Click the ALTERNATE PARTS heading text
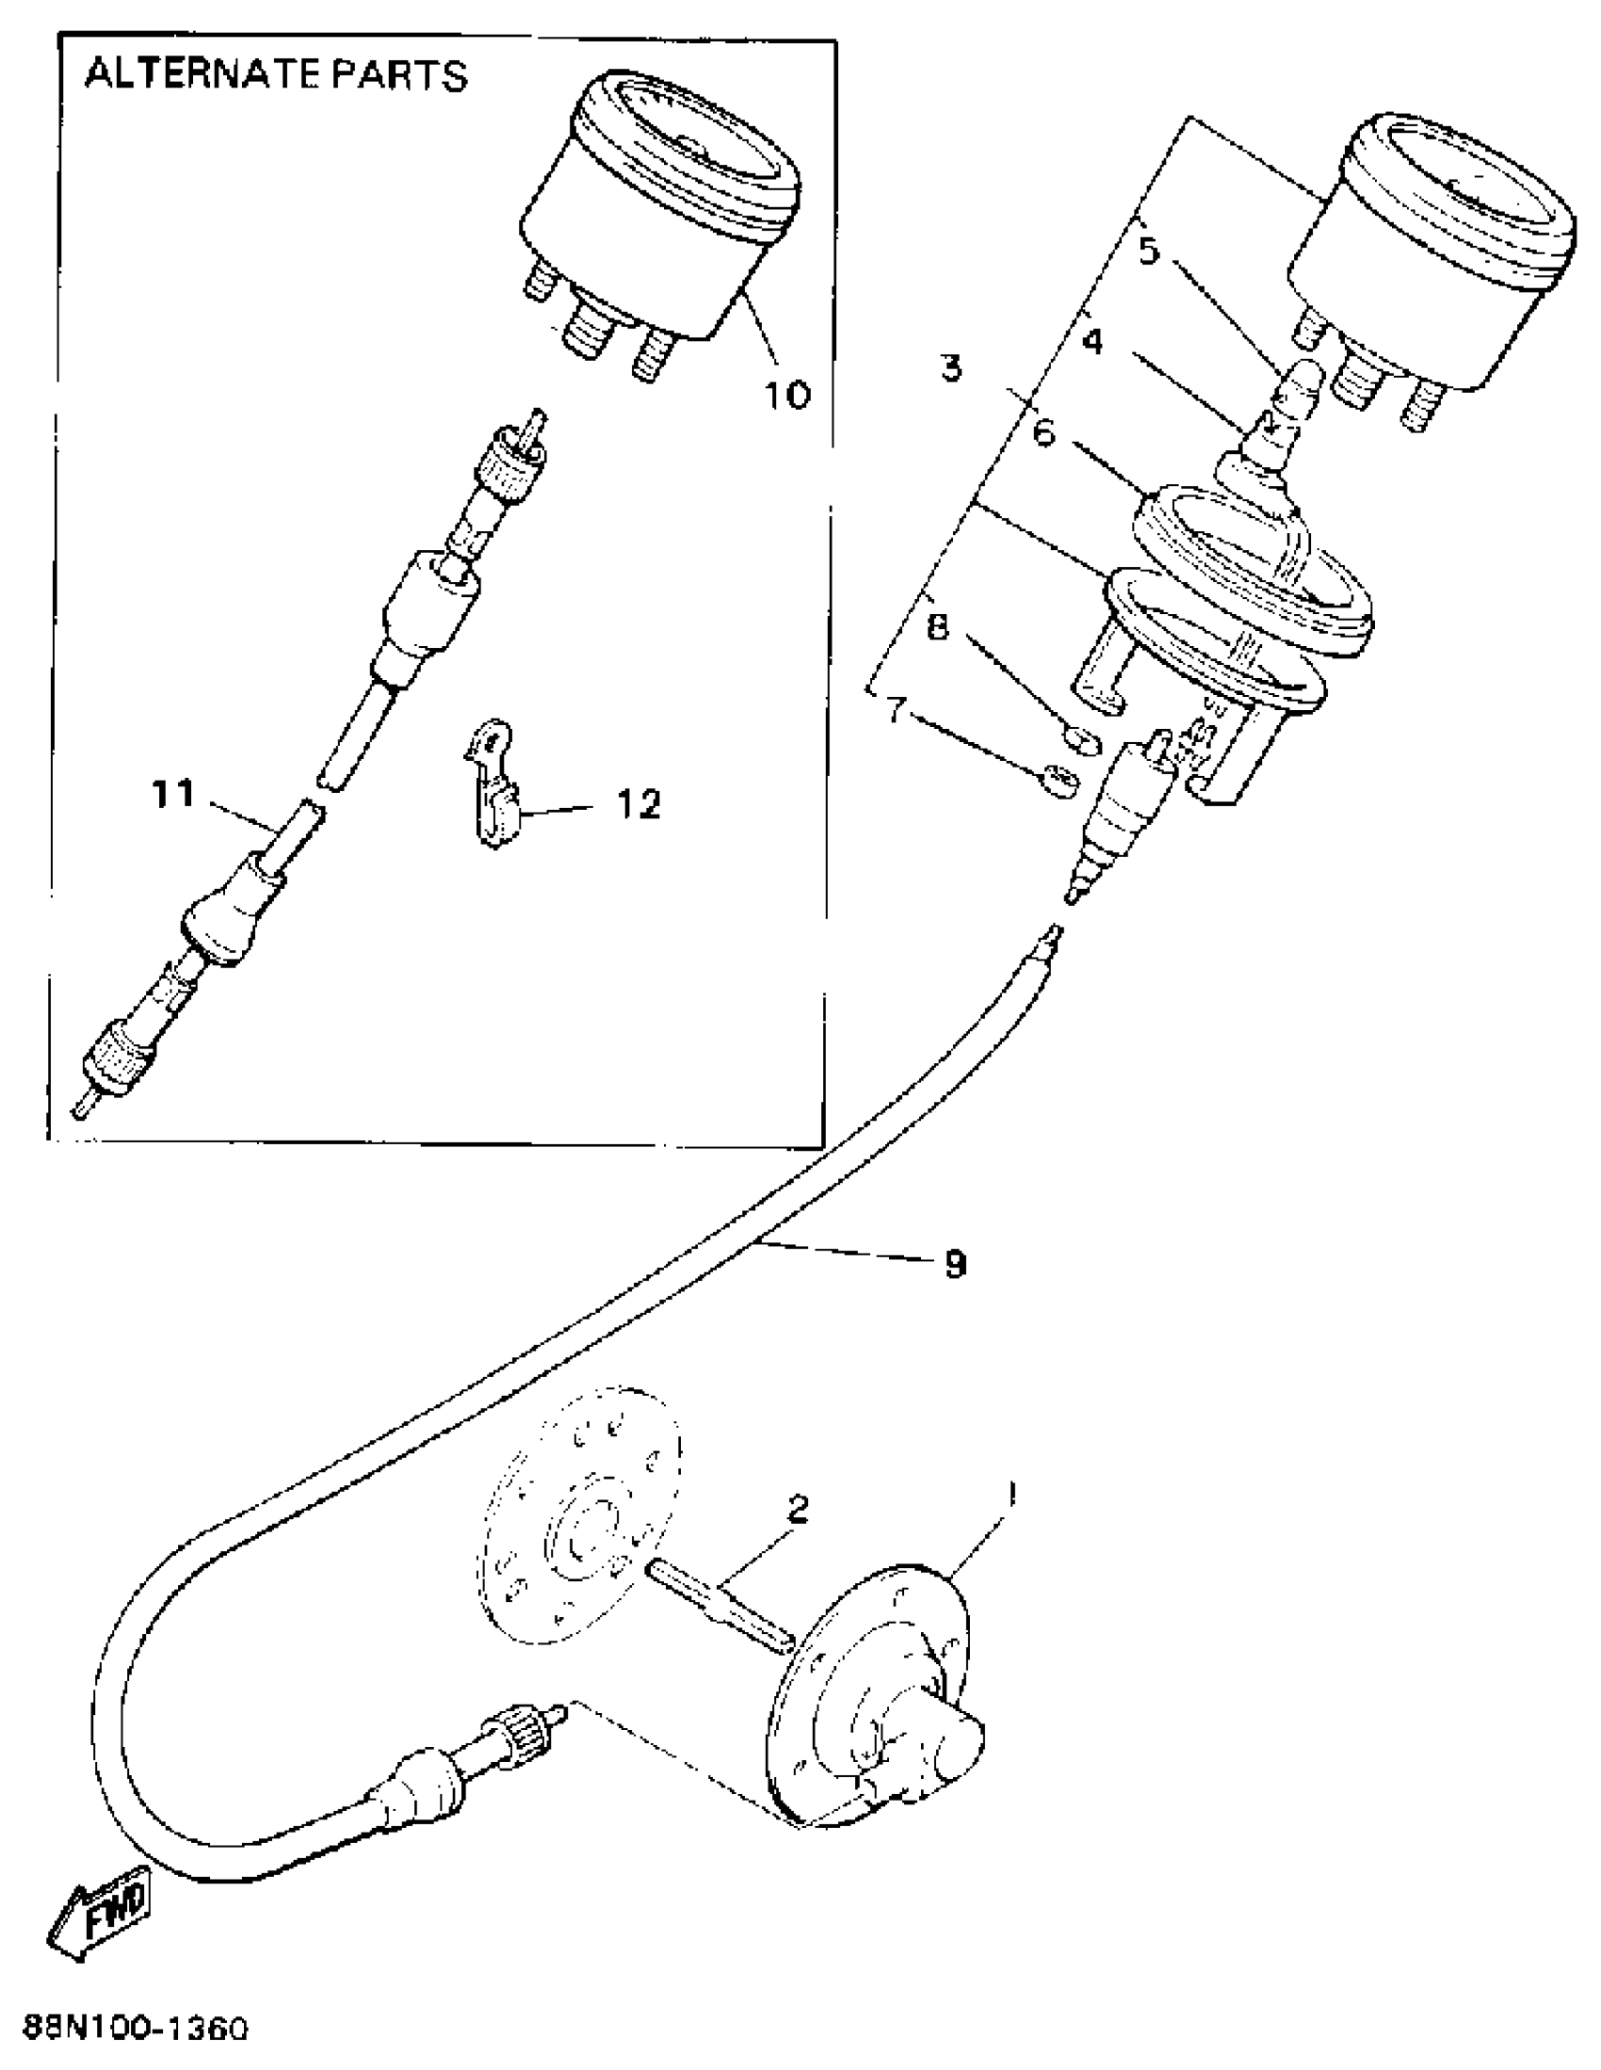point(276,75)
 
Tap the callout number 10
point(787,394)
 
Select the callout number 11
point(174,794)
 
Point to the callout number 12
point(638,804)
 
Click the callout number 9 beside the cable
point(956,1264)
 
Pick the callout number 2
point(798,1510)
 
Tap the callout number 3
point(951,366)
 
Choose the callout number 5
point(1148,251)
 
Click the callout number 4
point(1093,341)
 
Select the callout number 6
point(1043,433)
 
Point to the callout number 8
point(937,626)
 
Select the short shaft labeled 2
point(720,1609)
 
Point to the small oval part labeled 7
point(1059,779)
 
